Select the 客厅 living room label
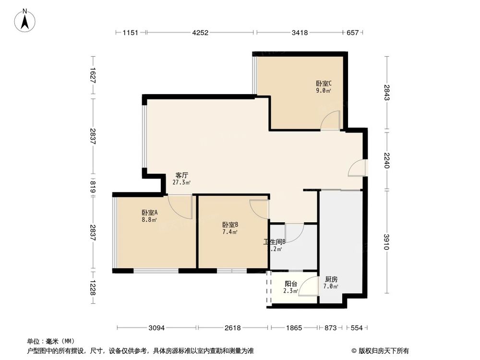click(x=181, y=175)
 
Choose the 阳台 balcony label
click(x=291, y=283)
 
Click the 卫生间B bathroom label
click(x=275, y=242)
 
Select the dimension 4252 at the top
click(x=200, y=33)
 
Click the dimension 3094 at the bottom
click(x=157, y=328)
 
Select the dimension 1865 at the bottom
click(x=294, y=328)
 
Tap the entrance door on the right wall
click(x=358, y=168)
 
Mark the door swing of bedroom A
click(x=181, y=205)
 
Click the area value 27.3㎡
click(x=181, y=182)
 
